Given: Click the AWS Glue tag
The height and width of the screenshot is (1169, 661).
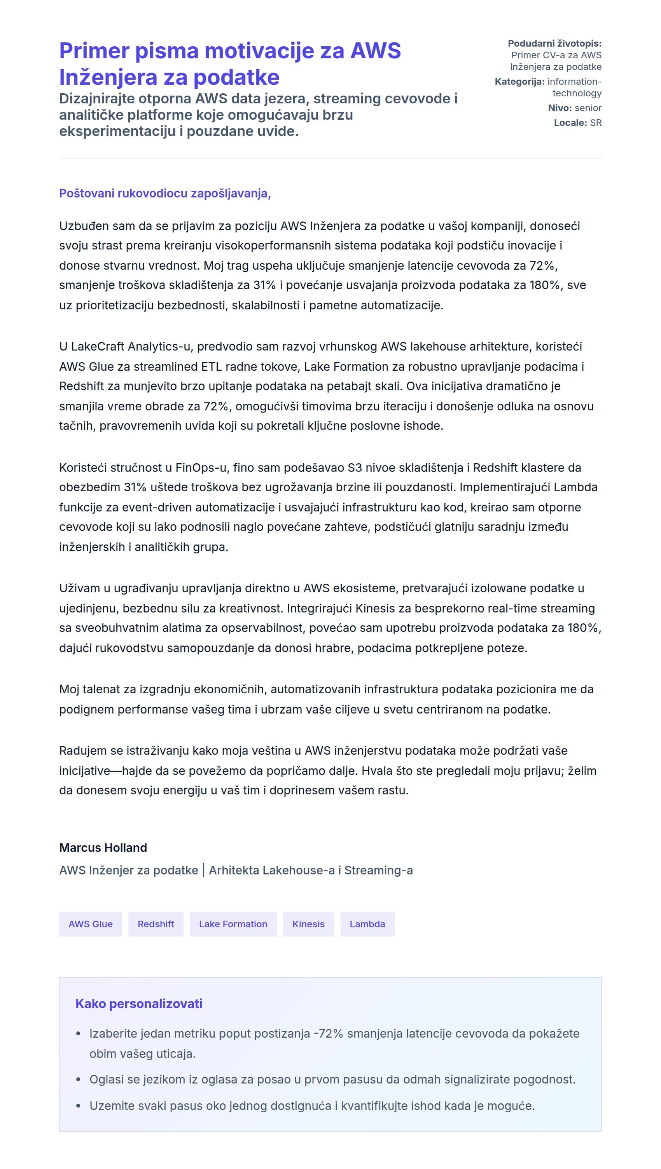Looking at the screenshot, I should [90, 924].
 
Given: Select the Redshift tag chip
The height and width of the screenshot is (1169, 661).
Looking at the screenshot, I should [156, 924].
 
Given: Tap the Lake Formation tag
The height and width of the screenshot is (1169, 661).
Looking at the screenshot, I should [233, 924].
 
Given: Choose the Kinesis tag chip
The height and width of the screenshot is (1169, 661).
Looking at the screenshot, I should [308, 924].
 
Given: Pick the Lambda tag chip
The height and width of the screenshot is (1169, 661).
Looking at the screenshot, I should [367, 924].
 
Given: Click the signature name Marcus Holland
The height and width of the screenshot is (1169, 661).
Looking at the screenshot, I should [103, 848].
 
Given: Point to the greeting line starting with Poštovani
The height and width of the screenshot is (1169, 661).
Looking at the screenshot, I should [165, 193].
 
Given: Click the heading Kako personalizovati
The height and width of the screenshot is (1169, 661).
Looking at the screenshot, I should [138, 1003].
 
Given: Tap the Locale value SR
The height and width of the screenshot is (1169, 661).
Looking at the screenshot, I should [596, 122].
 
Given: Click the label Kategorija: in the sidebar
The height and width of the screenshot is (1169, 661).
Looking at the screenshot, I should [519, 82].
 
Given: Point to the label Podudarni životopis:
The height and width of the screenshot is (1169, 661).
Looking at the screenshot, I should [554, 44].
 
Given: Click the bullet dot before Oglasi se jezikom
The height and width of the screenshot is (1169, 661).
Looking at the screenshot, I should [79, 1080].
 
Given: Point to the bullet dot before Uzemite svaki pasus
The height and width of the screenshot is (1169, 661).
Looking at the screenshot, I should [79, 1106].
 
